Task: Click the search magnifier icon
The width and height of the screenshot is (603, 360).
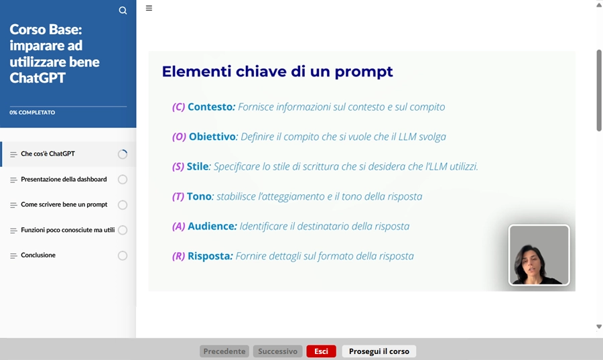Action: (x=123, y=10)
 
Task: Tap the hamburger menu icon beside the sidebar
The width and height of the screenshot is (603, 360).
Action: (x=149, y=8)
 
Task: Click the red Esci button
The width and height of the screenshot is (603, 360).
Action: (x=321, y=351)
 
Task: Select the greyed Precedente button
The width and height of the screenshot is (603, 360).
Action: (x=224, y=351)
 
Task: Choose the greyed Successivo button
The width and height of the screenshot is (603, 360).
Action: (x=277, y=351)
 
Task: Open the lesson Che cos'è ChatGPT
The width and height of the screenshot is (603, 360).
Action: (x=48, y=154)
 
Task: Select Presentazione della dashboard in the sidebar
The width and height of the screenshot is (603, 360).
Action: (x=64, y=180)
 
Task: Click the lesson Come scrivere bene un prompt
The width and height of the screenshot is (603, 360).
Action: (x=64, y=204)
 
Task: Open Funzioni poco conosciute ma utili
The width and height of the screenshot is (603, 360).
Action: (x=68, y=230)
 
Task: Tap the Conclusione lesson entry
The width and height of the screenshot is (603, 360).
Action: (x=38, y=255)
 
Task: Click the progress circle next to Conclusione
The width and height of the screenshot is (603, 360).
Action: (x=123, y=255)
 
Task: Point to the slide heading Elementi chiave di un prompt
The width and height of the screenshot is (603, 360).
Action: (x=277, y=71)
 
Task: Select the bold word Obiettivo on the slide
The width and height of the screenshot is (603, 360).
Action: (x=213, y=137)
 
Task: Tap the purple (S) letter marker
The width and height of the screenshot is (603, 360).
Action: (x=178, y=166)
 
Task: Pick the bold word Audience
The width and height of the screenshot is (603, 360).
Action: (x=212, y=227)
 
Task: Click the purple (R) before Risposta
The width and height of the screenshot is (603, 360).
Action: (x=178, y=256)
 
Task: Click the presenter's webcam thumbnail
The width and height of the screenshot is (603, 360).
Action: (x=539, y=255)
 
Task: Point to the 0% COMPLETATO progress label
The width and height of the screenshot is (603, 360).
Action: (x=32, y=113)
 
